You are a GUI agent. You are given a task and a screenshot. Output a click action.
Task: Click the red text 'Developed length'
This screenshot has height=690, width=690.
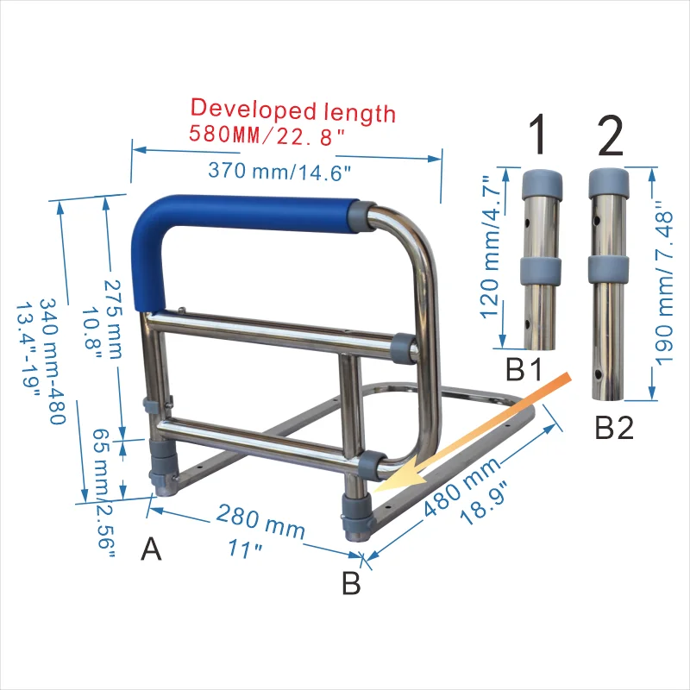point(292,110)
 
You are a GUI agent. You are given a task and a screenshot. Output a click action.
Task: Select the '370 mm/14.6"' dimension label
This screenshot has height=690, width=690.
point(279,171)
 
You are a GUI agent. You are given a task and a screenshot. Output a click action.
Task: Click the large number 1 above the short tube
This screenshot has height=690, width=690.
point(538,135)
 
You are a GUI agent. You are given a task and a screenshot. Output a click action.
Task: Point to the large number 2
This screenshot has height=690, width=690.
point(611,135)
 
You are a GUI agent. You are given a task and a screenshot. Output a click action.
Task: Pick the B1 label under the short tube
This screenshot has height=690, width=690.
point(524,369)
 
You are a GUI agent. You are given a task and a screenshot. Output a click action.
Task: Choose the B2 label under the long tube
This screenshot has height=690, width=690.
point(614,427)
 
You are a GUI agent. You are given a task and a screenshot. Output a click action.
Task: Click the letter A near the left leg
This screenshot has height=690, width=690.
point(151,549)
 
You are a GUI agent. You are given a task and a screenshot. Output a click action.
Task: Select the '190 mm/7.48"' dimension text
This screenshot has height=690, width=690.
point(664,284)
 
